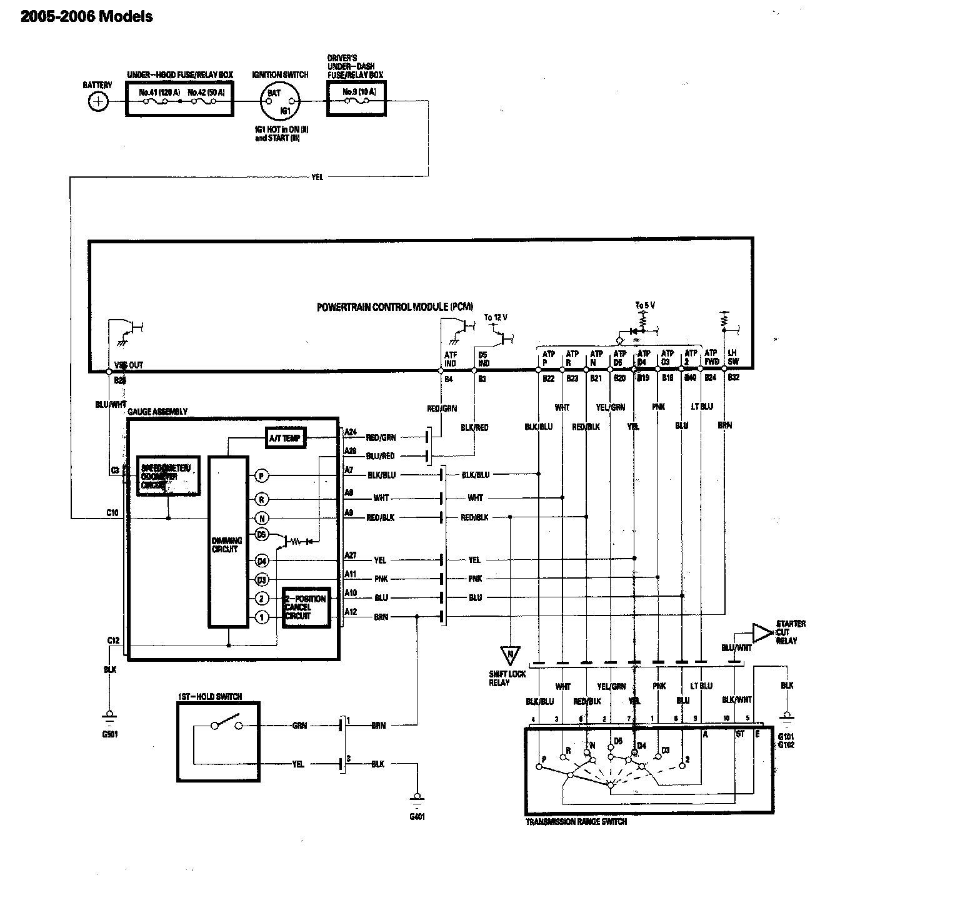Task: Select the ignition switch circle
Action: [x=280, y=101]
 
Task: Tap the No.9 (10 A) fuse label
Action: [x=359, y=92]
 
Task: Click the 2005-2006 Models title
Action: [x=87, y=17]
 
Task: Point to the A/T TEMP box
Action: [x=285, y=438]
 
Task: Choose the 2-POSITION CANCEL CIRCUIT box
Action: [x=306, y=607]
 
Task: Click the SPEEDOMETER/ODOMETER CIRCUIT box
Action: [x=168, y=475]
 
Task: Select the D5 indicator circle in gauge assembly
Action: [x=262, y=535]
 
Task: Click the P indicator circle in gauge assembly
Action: [x=262, y=476]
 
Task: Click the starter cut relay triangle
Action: [x=761, y=632]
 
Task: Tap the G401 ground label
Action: [x=417, y=817]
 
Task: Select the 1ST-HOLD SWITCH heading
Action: [x=210, y=697]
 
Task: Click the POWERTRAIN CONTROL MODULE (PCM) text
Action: [x=395, y=307]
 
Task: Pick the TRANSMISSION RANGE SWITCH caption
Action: [x=576, y=821]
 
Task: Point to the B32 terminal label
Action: [x=734, y=378]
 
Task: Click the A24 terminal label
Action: [x=350, y=432]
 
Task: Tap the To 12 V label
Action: [x=496, y=318]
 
